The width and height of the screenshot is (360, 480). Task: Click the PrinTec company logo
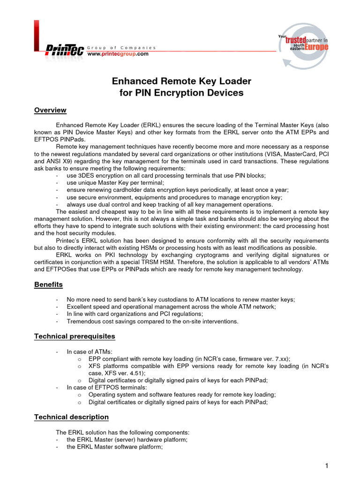64,50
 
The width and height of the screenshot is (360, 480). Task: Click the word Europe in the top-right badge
316,47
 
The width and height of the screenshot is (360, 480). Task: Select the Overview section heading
50,110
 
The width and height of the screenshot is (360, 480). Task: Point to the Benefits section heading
48,285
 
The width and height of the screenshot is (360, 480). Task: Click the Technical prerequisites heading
75,337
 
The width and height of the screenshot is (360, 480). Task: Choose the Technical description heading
71,417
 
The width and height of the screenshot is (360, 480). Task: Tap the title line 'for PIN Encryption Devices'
181,93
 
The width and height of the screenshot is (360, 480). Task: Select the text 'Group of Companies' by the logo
121,48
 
